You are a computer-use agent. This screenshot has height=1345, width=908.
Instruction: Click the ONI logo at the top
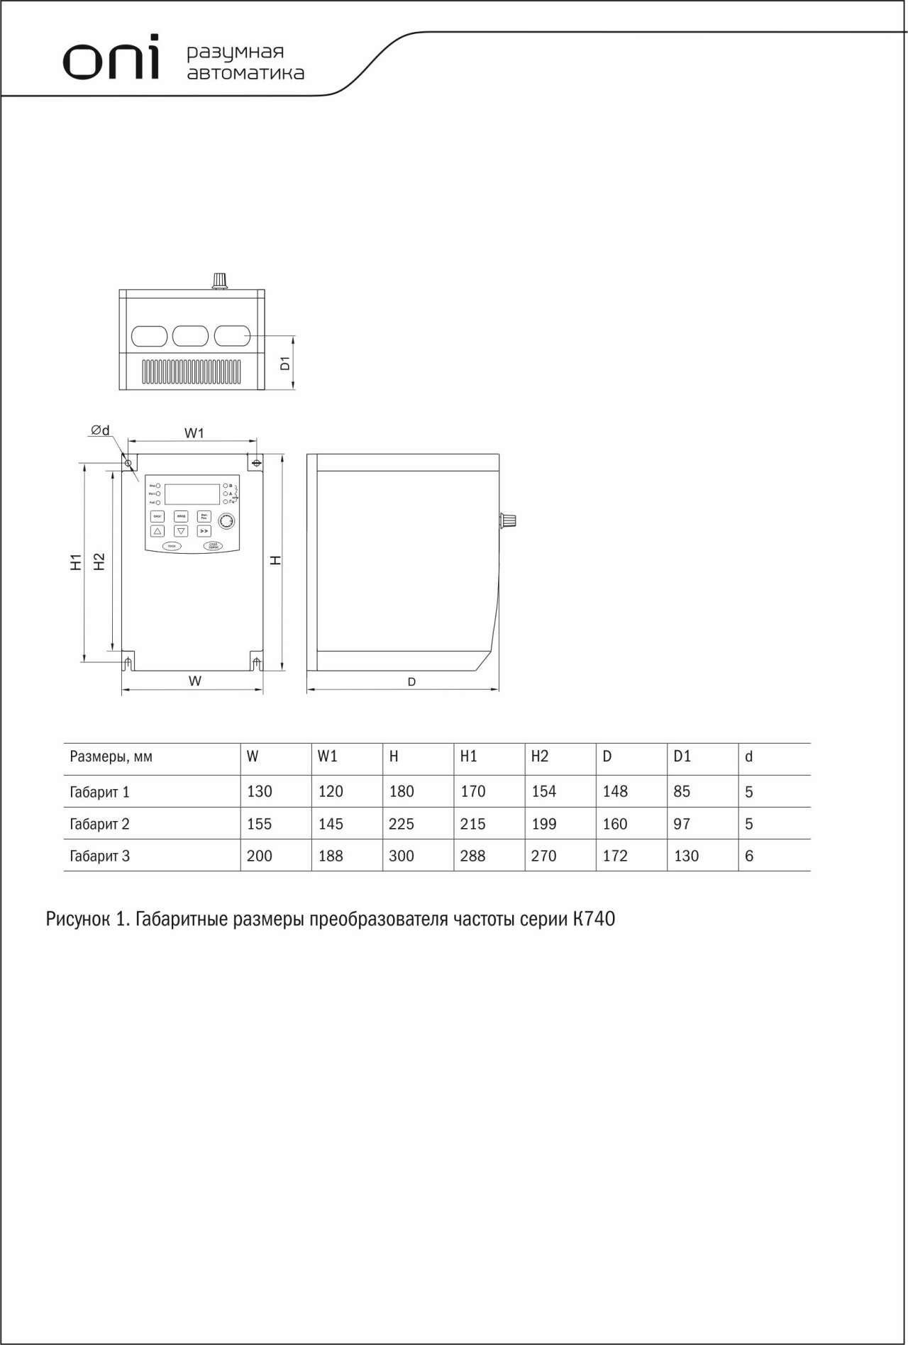click(111, 60)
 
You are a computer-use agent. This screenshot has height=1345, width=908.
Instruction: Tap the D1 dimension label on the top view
click(285, 364)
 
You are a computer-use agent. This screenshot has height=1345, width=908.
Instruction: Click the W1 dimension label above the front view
click(194, 432)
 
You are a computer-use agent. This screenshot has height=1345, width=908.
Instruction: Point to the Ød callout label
click(100, 430)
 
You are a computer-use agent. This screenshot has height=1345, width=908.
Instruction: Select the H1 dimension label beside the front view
click(76, 562)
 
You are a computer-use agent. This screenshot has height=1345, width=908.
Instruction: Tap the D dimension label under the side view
click(411, 682)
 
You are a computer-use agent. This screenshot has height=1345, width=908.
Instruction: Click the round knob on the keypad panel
click(226, 522)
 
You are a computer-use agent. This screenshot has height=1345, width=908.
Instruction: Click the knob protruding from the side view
click(508, 520)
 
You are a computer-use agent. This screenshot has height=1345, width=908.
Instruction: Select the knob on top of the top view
click(220, 281)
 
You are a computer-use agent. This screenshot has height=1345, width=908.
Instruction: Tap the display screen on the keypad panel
click(192, 494)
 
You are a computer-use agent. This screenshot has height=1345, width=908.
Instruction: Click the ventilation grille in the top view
click(192, 372)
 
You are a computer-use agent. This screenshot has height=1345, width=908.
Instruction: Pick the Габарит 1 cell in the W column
click(260, 791)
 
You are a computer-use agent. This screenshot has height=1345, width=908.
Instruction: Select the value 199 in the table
click(544, 824)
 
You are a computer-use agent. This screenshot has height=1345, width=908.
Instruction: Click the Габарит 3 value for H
click(402, 856)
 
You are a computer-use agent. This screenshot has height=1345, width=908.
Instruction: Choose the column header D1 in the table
click(682, 757)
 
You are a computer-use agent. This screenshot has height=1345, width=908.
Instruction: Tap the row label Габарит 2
click(99, 824)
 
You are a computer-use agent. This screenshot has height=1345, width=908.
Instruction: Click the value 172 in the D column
click(615, 856)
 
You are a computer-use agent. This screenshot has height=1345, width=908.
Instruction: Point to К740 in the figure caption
click(594, 919)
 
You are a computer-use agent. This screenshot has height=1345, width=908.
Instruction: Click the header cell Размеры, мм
click(111, 757)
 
